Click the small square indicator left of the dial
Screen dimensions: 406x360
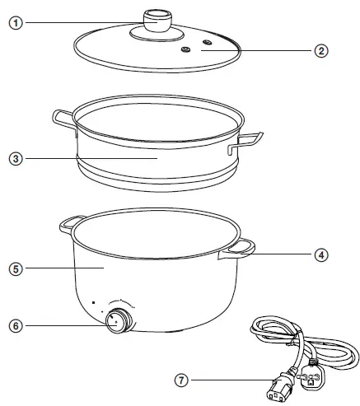point(95,302)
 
